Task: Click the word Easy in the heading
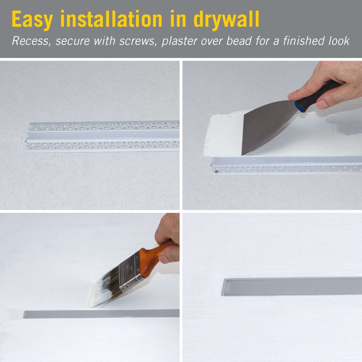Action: (x=32, y=20)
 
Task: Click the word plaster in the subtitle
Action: (x=179, y=41)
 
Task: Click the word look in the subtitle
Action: (x=339, y=41)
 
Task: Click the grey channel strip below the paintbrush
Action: (x=100, y=314)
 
